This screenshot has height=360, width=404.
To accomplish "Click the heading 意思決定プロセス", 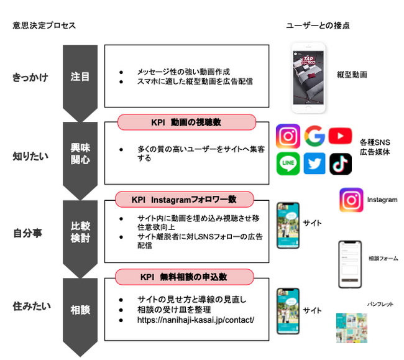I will [44, 25].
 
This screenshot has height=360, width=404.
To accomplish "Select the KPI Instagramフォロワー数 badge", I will [184, 200].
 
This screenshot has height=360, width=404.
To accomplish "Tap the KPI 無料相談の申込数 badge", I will [184, 277].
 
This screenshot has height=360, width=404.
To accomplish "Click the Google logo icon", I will [316, 136].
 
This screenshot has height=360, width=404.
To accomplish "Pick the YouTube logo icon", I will [341, 136].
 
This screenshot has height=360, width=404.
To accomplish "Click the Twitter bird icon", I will [315, 163].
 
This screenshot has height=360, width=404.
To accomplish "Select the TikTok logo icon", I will [341, 163].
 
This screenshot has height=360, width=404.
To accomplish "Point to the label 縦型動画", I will [352, 74].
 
